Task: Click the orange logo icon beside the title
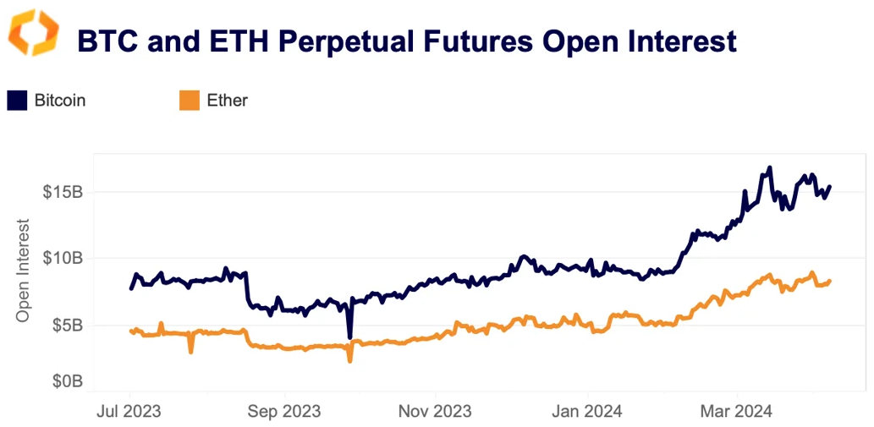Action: click(x=34, y=33)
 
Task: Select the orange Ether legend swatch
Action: click(x=189, y=101)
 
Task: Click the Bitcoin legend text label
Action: click(x=60, y=101)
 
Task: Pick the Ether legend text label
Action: click(x=227, y=101)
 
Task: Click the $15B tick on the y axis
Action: click(x=63, y=192)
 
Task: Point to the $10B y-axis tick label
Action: click(x=63, y=258)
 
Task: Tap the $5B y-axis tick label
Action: click(x=66, y=326)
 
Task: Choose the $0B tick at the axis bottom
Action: click(x=66, y=381)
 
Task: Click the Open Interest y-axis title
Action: click(x=24, y=270)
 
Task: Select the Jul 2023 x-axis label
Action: click(x=130, y=412)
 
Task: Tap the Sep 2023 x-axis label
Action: click(x=284, y=412)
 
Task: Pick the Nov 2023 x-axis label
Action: click(x=435, y=412)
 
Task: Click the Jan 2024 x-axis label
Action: click(x=587, y=412)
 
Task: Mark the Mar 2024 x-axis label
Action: click(x=737, y=412)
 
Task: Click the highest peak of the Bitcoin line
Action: click(x=769, y=168)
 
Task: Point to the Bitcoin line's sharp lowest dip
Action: click(x=349, y=337)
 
